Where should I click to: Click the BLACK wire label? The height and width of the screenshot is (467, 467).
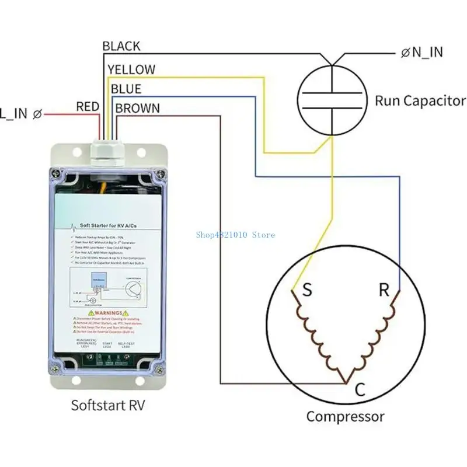[121, 46]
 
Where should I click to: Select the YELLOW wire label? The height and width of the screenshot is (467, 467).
[131, 69]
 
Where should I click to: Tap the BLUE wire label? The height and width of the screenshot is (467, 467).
[126, 89]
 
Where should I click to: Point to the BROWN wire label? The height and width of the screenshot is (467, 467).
[138, 108]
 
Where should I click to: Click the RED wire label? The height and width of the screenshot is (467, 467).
[88, 107]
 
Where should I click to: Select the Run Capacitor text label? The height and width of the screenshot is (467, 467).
[420, 100]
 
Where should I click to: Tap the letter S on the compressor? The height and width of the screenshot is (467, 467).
[306, 290]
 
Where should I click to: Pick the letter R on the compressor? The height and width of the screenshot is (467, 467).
[384, 290]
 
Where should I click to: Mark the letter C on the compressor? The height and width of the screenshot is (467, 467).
[360, 390]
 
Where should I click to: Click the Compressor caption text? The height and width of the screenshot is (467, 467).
[346, 417]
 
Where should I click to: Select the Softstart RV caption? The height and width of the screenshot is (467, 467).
[107, 405]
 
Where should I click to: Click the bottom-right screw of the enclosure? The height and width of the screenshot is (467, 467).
[159, 368]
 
